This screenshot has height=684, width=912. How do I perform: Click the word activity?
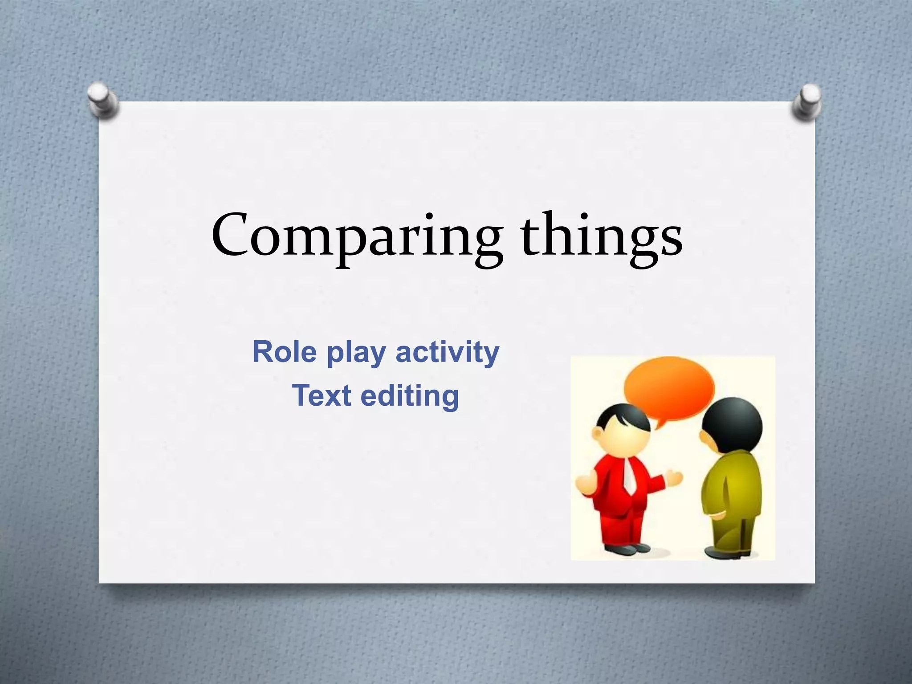448,353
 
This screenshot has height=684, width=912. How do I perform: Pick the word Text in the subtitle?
318,395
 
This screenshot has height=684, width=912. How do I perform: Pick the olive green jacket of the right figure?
730,485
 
